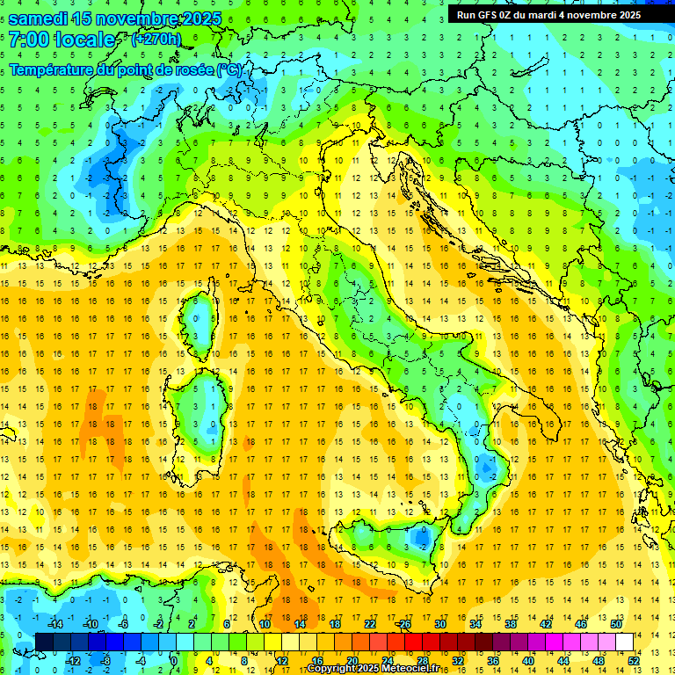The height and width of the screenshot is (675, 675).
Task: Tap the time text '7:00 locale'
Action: tap(62, 40)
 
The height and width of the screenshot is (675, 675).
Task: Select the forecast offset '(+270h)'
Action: tap(156, 39)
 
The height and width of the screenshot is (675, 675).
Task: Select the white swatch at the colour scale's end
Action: tap(625, 642)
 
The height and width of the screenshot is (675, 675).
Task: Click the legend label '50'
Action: tap(615, 623)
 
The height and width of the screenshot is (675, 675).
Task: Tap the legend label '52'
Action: tap(634, 660)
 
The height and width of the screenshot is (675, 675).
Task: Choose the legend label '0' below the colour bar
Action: tap(174, 660)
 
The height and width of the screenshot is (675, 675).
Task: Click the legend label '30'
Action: tap(439, 623)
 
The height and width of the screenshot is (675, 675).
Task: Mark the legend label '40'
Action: tap(528, 660)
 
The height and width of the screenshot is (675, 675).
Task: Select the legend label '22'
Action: tap(370, 623)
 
